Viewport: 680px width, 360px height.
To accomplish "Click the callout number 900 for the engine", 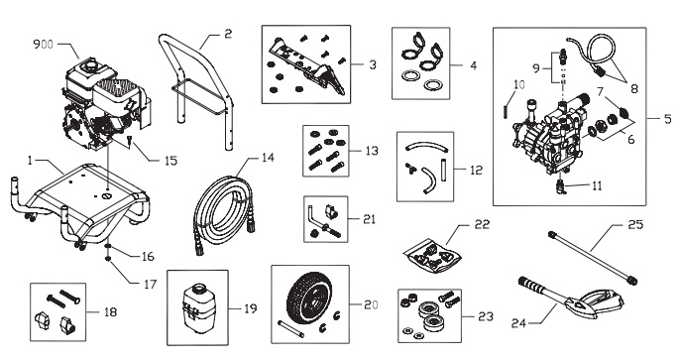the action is (x=44, y=45).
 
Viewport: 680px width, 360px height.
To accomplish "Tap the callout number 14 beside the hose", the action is (x=268, y=158).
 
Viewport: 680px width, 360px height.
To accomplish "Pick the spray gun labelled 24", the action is (x=570, y=298).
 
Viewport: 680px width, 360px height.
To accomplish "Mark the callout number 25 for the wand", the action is (x=635, y=225).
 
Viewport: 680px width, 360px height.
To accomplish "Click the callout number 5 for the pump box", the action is (x=668, y=118).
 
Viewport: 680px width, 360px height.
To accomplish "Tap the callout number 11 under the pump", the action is (x=597, y=186).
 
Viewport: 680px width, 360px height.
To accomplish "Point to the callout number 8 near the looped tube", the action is (x=634, y=89).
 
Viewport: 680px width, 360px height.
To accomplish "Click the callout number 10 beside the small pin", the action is (x=518, y=84).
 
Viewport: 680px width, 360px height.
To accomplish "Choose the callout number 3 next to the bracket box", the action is (x=373, y=64).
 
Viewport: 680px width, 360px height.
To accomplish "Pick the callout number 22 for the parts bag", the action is (x=482, y=224).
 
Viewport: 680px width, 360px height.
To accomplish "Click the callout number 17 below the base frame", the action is (x=150, y=285).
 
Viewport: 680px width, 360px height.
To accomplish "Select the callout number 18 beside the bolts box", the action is (x=110, y=311).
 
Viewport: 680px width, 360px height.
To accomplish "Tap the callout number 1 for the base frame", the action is (x=30, y=161).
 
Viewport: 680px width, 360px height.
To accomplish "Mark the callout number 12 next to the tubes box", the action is (x=476, y=170).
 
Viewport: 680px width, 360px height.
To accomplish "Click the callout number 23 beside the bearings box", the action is (x=486, y=316).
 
